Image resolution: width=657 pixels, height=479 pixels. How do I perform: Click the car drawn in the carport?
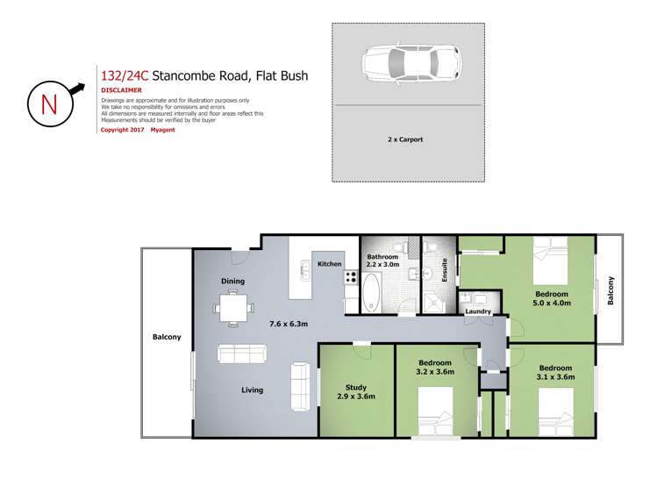(407, 63)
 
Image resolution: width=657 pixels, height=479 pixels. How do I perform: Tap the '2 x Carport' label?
(405, 139)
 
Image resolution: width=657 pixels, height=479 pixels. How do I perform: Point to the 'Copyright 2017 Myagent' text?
(139, 129)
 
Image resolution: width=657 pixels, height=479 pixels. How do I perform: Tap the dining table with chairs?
(233, 308)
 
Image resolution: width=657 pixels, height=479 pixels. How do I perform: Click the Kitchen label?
(330, 264)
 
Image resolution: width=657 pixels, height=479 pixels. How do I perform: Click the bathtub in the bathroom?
(372, 293)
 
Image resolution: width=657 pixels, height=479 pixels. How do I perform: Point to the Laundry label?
(477, 311)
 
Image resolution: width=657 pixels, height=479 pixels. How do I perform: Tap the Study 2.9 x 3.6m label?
(356, 391)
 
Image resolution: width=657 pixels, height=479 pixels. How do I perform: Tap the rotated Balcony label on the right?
(611, 291)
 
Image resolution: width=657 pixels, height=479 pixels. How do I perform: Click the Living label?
(253, 390)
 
